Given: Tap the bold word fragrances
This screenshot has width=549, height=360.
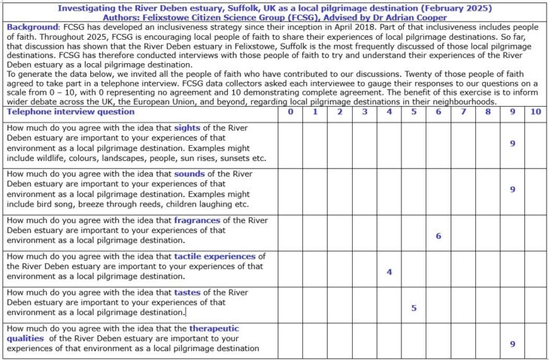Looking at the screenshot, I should pyautogui.click(x=198, y=220).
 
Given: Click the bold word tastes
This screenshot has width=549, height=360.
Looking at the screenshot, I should pyautogui.click(x=189, y=292).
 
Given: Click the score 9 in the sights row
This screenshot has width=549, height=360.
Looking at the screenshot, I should pyautogui.click(x=512, y=143).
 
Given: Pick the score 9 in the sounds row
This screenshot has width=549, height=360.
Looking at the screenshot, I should pyautogui.click(x=512, y=189).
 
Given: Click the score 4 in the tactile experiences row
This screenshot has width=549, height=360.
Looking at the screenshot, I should pyautogui.click(x=389, y=271).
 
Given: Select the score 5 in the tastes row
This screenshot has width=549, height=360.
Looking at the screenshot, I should pyautogui.click(x=414, y=307).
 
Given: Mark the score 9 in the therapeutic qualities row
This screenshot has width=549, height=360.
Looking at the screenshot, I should pyautogui.click(x=512, y=343).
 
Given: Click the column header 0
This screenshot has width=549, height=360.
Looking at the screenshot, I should pyautogui.click(x=290, y=112).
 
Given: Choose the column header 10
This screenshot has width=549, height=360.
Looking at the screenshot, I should pyautogui.click(x=535, y=112).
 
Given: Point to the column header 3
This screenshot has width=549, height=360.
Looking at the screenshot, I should pyautogui.click(x=364, y=112).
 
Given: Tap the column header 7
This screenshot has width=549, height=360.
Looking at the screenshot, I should pyautogui.click(x=463, y=112).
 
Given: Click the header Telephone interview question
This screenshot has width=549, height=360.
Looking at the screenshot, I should pyautogui.click(x=71, y=112).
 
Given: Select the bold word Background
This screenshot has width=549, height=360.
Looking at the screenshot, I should pyautogui.click(x=32, y=27).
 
